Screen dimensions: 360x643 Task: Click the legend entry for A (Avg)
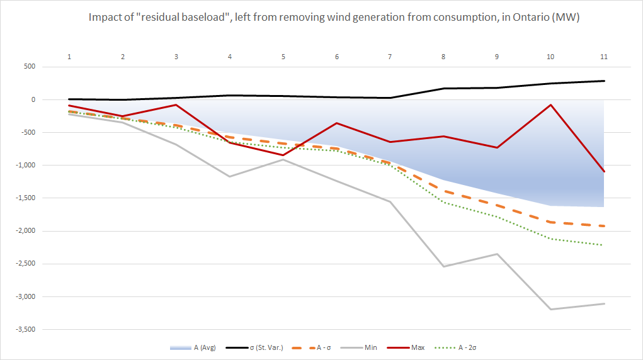[x=202, y=347]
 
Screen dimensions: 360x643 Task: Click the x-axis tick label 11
[x=604, y=57]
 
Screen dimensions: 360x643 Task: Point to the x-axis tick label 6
[x=337, y=57]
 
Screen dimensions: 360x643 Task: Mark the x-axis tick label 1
[x=69, y=57]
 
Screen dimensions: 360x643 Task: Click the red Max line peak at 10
[x=550, y=104]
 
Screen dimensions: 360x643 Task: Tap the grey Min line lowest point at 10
[x=550, y=309]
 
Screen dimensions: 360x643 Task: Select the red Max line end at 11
[x=604, y=171]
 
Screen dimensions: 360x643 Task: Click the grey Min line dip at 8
[x=443, y=266]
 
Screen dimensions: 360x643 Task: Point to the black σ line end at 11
[x=604, y=81]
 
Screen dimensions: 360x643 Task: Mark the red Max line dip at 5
[x=283, y=155]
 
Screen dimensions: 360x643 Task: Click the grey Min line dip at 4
[x=230, y=176]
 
